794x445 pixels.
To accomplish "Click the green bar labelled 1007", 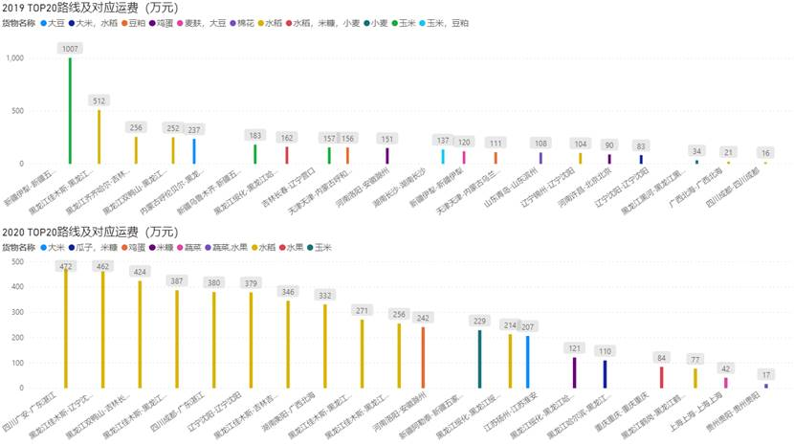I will pyautogui.click(x=70, y=110).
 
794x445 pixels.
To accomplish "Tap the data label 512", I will pyautogui.click(x=99, y=100).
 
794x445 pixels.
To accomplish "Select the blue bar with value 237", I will pyautogui.click(x=194, y=151).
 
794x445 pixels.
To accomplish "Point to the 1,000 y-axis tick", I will pyautogui.click(x=14, y=58).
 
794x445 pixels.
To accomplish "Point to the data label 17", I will pyautogui.click(x=765, y=374).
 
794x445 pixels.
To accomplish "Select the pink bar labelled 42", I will pyautogui.click(x=725, y=382).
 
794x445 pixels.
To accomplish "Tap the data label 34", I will pyautogui.click(x=696, y=151).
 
